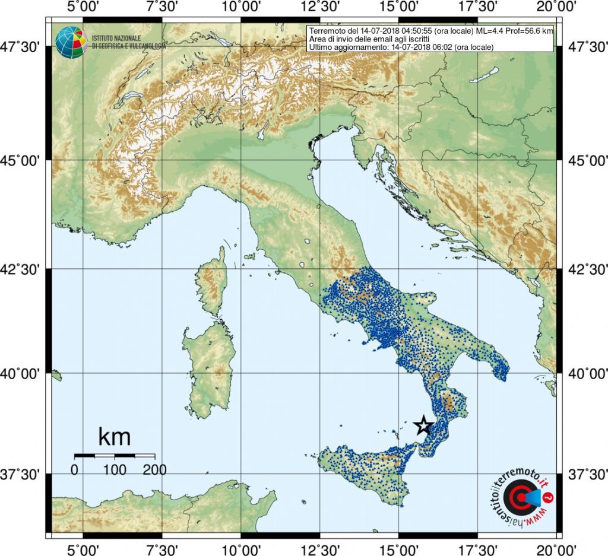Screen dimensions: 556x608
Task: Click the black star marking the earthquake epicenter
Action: [x=423, y=425]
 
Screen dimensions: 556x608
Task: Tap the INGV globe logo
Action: [x=71, y=42]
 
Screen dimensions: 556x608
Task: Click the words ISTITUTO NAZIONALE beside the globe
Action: [x=116, y=38]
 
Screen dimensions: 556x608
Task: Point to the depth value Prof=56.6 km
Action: [x=530, y=30]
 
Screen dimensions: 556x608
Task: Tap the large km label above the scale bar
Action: [x=114, y=438]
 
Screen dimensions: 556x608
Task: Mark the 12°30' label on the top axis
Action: [x=320, y=8]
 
